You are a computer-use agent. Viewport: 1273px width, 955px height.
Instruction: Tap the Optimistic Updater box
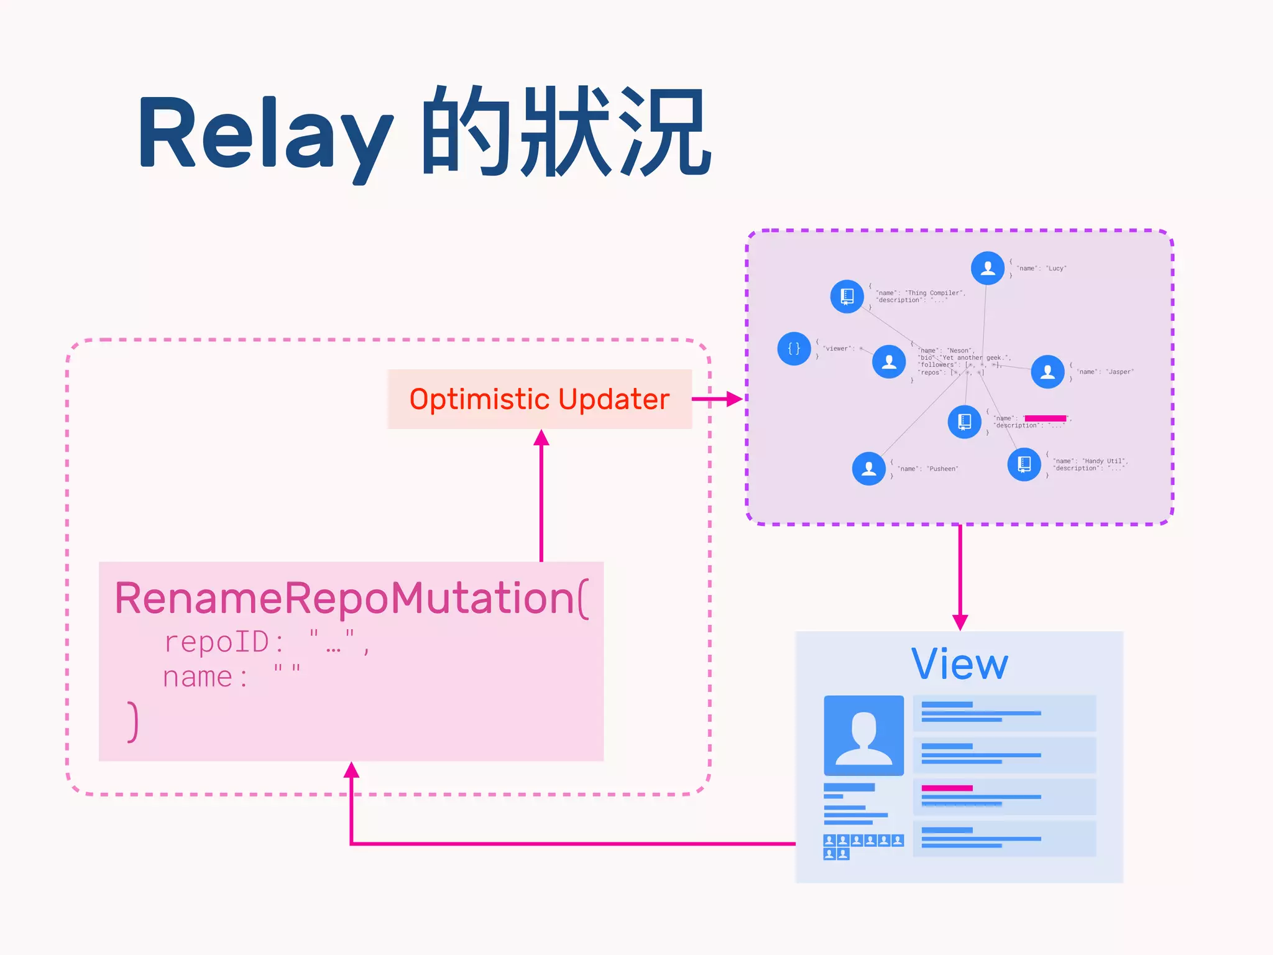[x=540, y=399]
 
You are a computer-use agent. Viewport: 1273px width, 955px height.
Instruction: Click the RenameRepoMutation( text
[x=351, y=598]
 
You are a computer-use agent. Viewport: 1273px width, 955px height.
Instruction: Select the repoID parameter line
[x=267, y=642]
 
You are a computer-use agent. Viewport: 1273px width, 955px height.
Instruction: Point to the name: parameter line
[x=231, y=676]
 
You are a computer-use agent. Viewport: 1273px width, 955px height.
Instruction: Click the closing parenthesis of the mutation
[x=132, y=722]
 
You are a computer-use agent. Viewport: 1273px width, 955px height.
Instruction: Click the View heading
[x=959, y=664]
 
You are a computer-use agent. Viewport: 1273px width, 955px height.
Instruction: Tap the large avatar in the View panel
[x=863, y=735]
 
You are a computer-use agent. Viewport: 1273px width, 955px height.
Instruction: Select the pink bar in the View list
[x=947, y=788]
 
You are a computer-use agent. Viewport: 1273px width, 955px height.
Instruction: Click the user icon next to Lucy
[x=987, y=268]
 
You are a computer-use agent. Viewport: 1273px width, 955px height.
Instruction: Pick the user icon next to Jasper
[x=1047, y=372]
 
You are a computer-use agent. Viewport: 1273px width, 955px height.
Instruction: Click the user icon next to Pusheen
[x=868, y=468]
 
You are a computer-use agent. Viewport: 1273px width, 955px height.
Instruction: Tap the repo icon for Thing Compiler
[x=847, y=296]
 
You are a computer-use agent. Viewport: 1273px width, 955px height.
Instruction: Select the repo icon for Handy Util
[x=1024, y=464]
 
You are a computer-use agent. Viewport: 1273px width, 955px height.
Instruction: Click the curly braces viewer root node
[x=794, y=348]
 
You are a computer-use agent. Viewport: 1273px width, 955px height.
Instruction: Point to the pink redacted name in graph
[x=1045, y=418]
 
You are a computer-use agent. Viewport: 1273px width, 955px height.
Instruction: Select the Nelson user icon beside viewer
[x=889, y=362]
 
